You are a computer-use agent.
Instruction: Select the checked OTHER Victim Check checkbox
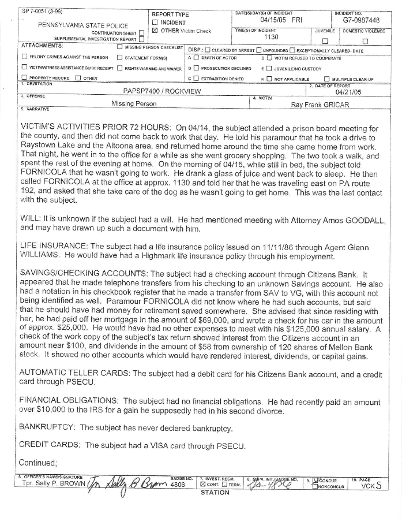pyautogui.click(x=155, y=31)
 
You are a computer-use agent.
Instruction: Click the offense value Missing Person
pyautogui.click(x=134, y=104)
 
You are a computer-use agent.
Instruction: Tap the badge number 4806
pyautogui.click(x=179, y=485)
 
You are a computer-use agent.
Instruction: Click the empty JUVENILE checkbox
pyautogui.click(x=324, y=40)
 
